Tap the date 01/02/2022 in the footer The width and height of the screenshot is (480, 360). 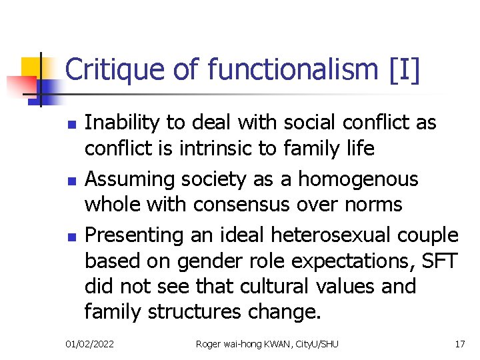[89, 344]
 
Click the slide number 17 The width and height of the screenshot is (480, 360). [459, 344]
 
